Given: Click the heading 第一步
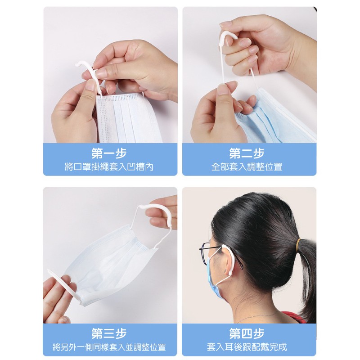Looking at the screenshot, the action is [109, 153].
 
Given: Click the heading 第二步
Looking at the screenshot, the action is [247, 153].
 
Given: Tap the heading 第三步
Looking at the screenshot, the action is [109, 333].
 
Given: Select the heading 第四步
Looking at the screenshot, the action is [247, 333].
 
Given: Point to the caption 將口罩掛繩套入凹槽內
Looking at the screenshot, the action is [109, 167].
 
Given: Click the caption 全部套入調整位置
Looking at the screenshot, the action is [247, 167].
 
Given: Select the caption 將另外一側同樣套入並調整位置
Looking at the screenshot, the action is [109, 347].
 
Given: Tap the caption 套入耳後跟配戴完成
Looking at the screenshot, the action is [247, 347].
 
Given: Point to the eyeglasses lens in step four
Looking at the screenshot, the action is [205, 252].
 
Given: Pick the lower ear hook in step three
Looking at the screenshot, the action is [63, 283].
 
